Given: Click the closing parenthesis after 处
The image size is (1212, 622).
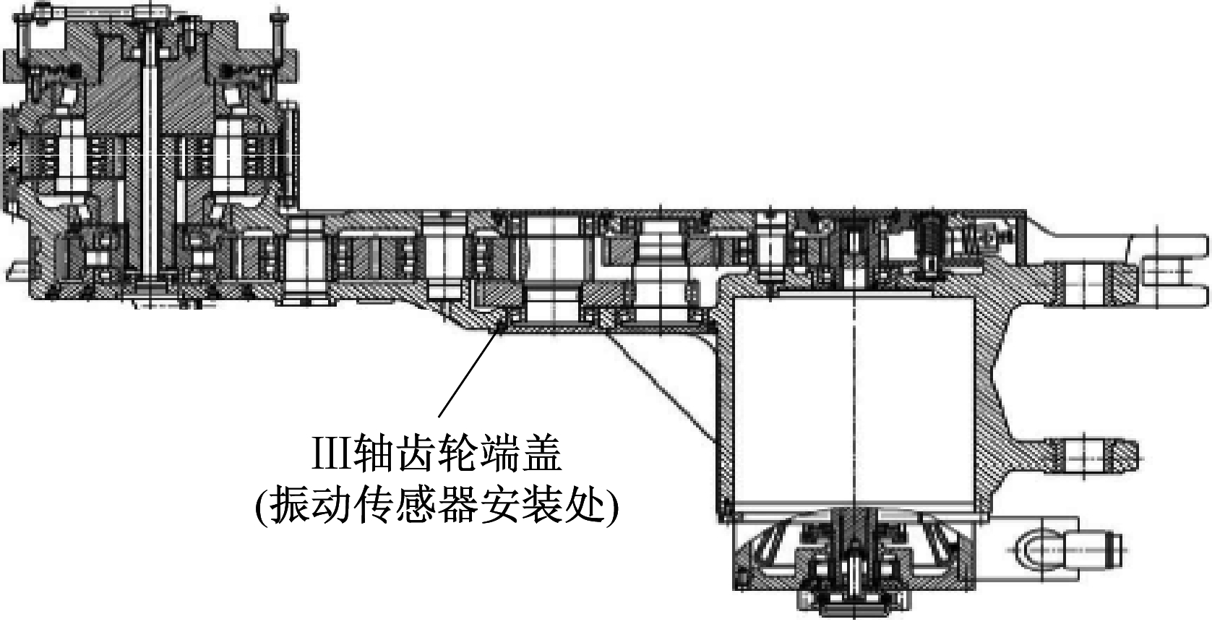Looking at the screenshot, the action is tap(611, 507).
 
